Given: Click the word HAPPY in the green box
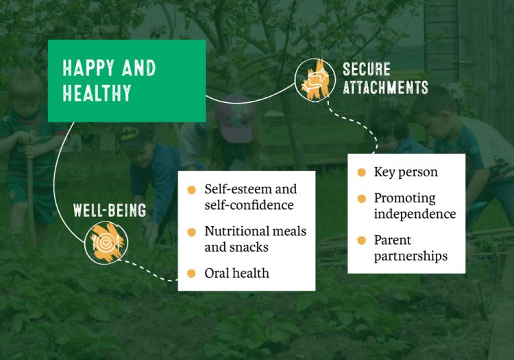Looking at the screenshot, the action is pos(88,68).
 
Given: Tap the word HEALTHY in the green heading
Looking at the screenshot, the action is pos(97,93).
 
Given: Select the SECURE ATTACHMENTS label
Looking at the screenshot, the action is pos(385,78).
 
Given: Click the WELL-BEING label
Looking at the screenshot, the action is pos(110,211).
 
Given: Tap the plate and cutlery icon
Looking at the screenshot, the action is pos(106,243).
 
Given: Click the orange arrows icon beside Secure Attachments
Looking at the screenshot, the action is pos(315,80).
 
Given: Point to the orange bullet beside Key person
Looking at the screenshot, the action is pos(362,172).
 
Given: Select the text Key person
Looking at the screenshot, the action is pos(406,172).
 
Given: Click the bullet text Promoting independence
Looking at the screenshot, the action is pos(415,206).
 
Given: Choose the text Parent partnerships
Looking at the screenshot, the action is pos(411,248).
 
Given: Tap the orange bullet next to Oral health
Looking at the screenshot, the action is pos(191,274).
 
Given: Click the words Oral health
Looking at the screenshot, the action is pos(236,273).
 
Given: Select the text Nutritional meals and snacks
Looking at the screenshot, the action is pos(256,239).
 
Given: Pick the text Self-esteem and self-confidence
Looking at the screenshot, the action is pos(251,197).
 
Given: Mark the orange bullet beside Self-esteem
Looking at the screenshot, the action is pos(191,190).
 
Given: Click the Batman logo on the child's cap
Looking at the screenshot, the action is pos(131,134).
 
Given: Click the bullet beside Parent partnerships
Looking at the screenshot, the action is pos(362,240).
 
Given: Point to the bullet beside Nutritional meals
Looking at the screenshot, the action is pos(191,232).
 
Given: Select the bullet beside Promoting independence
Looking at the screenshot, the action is pos(362,199).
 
